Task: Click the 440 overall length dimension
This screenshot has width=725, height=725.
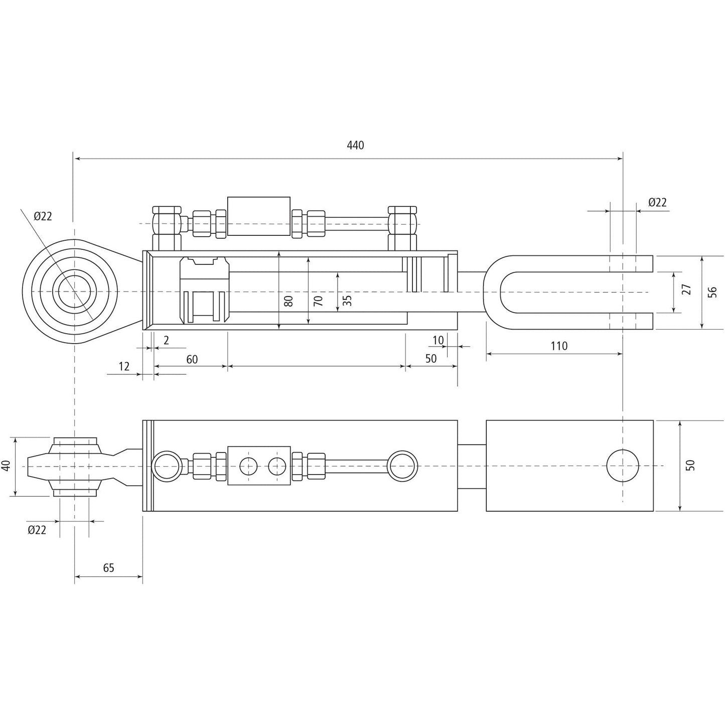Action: click(355, 146)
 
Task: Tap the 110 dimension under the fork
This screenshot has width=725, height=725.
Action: click(558, 346)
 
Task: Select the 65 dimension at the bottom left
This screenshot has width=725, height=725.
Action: click(108, 568)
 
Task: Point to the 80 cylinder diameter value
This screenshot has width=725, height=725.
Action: click(288, 301)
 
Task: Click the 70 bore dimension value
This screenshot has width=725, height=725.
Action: click(318, 301)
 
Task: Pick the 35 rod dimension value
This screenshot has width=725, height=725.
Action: click(347, 301)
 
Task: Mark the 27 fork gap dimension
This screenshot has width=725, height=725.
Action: click(687, 289)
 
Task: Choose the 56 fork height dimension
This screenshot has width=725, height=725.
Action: click(712, 292)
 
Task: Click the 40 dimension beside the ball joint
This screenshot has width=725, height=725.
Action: click(6, 466)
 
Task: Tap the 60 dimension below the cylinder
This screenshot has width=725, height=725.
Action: click(192, 359)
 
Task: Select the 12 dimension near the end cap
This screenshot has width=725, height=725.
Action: click(123, 366)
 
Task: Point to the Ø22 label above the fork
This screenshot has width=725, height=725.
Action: click(657, 202)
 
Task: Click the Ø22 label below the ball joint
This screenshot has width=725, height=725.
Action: click(37, 530)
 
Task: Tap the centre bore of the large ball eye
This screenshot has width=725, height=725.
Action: click(74, 292)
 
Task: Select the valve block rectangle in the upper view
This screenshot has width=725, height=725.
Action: click(258, 216)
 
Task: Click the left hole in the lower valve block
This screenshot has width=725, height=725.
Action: click(248, 466)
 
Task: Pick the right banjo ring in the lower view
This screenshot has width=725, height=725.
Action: click(403, 466)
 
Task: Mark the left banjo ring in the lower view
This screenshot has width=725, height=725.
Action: click(167, 466)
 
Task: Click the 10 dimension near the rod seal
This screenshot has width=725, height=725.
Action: click(438, 340)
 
